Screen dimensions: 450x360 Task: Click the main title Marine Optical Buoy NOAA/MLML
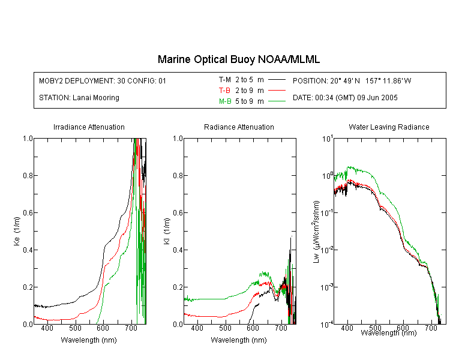click(x=238, y=59)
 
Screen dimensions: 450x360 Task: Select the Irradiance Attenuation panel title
click(x=89, y=127)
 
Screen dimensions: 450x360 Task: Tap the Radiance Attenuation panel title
click(x=239, y=127)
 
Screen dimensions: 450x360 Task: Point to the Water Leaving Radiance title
click(x=389, y=127)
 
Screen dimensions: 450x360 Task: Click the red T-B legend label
click(x=224, y=91)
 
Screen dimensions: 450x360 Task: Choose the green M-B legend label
click(x=225, y=101)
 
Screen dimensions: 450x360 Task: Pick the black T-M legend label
click(x=225, y=80)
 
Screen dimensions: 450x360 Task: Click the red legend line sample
click(x=277, y=91)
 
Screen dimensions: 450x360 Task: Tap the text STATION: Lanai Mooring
click(x=79, y=98)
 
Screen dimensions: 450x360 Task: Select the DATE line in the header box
click(x=345, y=98)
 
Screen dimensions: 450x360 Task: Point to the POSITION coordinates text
click(x=352, y=80)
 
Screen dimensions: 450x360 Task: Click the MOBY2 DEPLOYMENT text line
click(x=103, y=80)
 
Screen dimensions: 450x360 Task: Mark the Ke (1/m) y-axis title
click(x=17, y=231)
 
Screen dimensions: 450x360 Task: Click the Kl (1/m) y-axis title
click(x=167, y=231)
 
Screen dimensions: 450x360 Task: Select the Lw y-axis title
click(x=316, y=232)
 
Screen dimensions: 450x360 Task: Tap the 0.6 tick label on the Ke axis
click(x=28, y=213)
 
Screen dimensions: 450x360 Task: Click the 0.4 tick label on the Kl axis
click(x=178, y=250)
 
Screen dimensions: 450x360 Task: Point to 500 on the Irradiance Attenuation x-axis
click(x=75, y=328)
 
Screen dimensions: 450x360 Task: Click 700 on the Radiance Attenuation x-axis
click(x=281, y=328)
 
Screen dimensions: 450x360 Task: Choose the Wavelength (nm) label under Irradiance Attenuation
click(x=89, y=340)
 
